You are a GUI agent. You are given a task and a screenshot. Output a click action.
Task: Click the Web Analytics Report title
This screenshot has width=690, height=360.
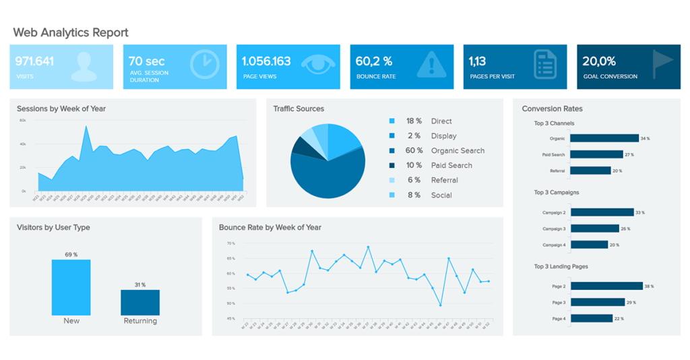tap(71, 32)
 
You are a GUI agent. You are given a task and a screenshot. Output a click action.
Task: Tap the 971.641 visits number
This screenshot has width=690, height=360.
tap(35, 61)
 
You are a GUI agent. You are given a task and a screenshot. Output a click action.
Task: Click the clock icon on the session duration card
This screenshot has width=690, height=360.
tap(204, 65)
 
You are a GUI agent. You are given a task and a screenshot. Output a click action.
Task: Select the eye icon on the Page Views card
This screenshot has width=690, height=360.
tap(317, 65)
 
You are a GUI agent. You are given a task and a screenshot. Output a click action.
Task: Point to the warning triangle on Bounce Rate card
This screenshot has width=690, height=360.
tap(431, 65)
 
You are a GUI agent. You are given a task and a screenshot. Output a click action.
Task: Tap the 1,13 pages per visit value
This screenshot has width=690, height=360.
tap(477, 61)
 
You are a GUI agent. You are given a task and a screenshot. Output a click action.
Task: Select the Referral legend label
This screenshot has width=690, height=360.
tap(444, 180)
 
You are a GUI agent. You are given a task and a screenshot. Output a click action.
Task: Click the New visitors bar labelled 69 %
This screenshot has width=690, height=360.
tap(71, 287)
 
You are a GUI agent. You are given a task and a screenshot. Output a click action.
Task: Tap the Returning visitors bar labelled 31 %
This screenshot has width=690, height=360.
tap(140, 303)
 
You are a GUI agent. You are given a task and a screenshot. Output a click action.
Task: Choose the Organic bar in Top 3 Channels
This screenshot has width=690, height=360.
tap(604, 138)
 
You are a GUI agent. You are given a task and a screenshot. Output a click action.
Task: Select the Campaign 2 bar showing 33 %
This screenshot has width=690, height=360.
tap(602, 212)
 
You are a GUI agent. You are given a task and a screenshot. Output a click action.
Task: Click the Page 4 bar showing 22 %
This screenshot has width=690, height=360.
tap(591, 318)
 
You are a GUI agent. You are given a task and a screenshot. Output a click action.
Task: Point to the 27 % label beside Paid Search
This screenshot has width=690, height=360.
tap(629, 154)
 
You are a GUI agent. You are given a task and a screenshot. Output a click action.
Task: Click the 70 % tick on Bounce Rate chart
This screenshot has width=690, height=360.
tap(231, 243)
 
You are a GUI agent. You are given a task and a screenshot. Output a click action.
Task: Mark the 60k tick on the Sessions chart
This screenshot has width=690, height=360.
tap(22, 121)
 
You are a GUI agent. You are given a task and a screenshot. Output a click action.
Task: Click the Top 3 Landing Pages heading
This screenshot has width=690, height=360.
tap(561, 266)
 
